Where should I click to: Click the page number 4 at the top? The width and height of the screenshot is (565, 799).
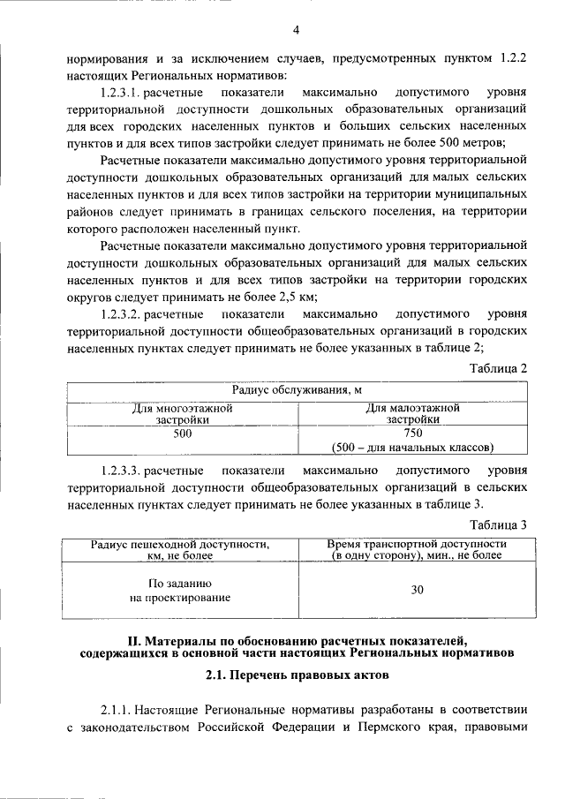pyautogui.click(x=296, y=32)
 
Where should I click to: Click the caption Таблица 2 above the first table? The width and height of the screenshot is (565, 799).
pyautogui.click(x=499, y=367)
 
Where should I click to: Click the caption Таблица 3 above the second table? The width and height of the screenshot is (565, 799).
pyautogui.click(x=499, y=524)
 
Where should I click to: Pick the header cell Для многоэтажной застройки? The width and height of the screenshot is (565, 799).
pyautogui.click(x=182, y=414)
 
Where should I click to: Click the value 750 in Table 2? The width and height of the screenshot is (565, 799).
pyautogui.click(x=413, y=433)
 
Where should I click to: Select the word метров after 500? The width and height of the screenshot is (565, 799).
pyautogui.click(x=504, y=142)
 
